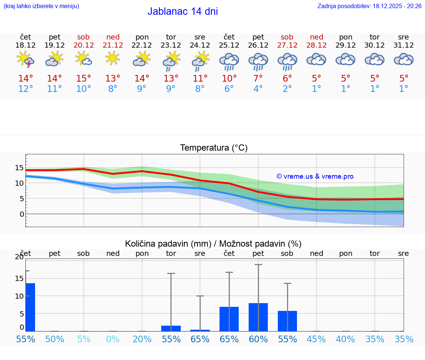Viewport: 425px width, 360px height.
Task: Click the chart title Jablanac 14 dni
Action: pos(183,11)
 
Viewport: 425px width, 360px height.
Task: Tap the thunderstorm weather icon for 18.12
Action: pos(25,60)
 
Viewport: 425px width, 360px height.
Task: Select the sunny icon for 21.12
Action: pos(113,58)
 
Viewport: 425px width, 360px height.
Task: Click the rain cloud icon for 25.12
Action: pos(229,61)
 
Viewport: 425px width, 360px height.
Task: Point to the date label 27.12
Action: pos(287,45)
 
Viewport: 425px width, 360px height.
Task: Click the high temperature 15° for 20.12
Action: pos(83,79)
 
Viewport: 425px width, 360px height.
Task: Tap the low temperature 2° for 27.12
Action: pos(287,89)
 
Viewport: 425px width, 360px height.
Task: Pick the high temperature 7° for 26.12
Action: pos(258,79)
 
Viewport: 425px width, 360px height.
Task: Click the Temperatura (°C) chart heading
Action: pos(214,148)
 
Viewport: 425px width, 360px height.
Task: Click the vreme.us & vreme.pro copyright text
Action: pos(315,176)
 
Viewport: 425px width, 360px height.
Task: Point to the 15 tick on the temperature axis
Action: pos(19,168)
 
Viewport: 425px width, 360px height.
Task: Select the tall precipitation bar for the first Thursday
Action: pos(30,307)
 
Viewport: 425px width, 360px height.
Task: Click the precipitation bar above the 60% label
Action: pos(258,317)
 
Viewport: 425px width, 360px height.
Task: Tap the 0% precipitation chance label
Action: pos(113,339)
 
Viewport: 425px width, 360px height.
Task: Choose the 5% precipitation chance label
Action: pos(84,339)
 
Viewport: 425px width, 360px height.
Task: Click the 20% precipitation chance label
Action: pos(142,339)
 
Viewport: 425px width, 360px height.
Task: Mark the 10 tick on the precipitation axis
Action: pos(19,296)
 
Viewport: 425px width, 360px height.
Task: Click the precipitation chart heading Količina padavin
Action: pos(213,244)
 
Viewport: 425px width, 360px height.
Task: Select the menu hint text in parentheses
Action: pos(41,6)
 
